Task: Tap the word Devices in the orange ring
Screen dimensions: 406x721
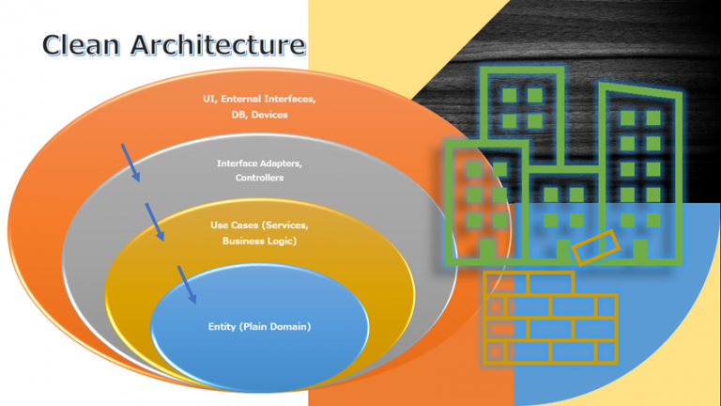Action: (x=269, y=115)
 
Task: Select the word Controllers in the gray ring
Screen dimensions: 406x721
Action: (x=260, y=178)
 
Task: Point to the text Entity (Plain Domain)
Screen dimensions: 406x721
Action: (x=259, y=326)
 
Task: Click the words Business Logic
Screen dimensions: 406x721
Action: (x=259, y=241)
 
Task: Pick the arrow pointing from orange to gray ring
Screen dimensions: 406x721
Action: (x=131, y=162)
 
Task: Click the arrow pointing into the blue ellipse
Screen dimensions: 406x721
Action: (x=188, y=284)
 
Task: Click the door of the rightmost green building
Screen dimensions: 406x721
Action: (x=640, y=249)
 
